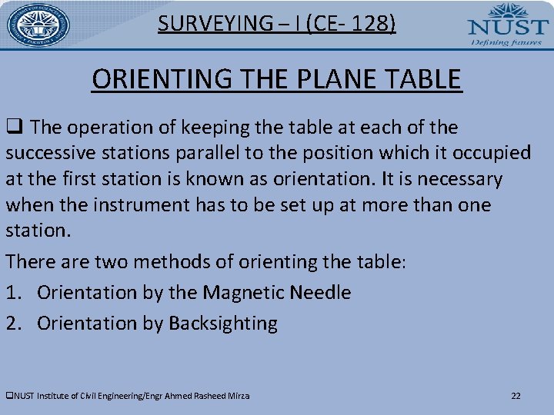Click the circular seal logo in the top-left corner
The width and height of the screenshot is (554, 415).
[x=38, y=25]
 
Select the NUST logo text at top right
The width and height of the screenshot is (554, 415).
[x=507, y=25]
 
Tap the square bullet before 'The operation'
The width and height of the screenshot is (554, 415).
[x=14, y=128]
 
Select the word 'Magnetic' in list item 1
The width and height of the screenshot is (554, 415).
[x=245, y=293]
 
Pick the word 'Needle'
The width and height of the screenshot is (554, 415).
[x=321, y=293]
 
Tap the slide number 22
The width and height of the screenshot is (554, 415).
[x=516, y=396]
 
